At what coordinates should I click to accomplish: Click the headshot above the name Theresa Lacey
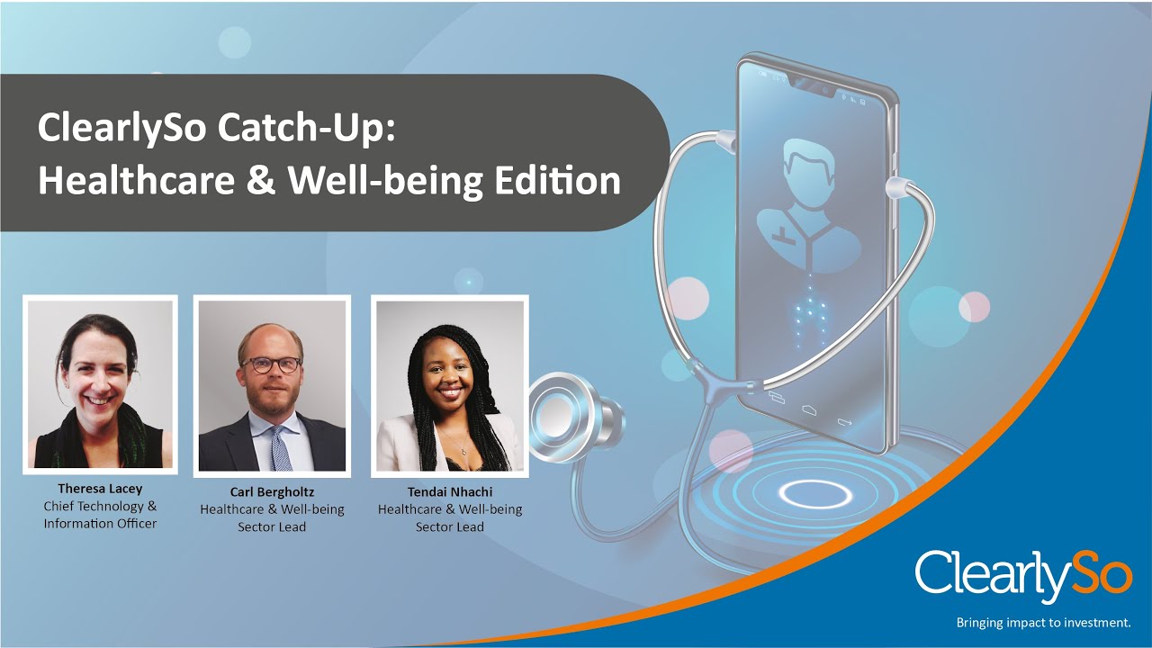coord(100,384)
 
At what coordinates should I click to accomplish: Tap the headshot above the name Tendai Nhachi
coord(449,386)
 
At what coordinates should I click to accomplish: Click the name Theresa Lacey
coord(100,489)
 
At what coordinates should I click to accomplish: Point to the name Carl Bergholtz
coord(272,492)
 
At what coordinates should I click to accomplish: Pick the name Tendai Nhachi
coord(449,492)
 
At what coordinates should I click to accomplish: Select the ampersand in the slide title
coord(256,181)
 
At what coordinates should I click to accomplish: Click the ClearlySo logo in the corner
coord(1023,575)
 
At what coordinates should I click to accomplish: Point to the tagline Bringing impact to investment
coord(1043,622)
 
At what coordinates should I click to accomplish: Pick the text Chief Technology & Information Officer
coord(100,515)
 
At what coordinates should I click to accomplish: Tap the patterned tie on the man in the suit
coord(281,447)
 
